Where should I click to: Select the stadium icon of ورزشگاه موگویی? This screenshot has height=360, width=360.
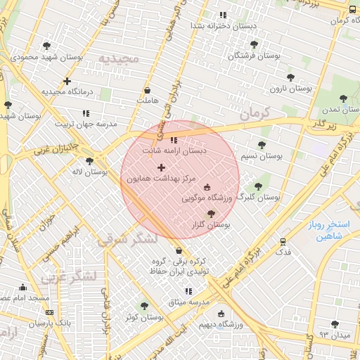[207, 187]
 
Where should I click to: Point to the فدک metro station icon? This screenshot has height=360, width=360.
[283, 240]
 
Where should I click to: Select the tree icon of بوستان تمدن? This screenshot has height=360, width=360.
[343, 99]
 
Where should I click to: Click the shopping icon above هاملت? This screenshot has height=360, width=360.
[147, 90]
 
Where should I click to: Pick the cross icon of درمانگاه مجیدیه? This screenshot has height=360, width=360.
[67, 81]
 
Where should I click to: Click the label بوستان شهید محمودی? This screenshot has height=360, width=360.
[48, 57]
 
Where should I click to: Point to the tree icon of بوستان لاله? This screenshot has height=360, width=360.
[89, 161]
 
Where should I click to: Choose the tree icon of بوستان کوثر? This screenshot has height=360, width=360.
[144, 306]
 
